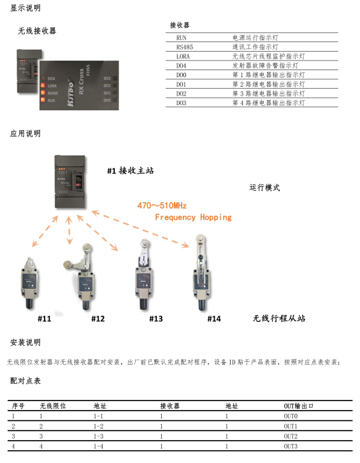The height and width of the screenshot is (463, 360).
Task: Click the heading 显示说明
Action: (x=25, y=8)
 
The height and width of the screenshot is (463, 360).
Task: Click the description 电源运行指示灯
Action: (x=255, y=38)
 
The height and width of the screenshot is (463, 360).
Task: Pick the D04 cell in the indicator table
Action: (x=182, y=65)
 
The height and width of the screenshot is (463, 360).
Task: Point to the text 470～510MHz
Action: (x=162, y=206)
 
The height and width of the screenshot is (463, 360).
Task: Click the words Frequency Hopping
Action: (x=193, y=217)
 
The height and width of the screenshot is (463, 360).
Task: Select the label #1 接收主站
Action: (x=130, y=170)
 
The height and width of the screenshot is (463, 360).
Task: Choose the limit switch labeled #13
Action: (x=143, y=274)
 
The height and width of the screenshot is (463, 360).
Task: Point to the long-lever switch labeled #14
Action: (x=203, y=274)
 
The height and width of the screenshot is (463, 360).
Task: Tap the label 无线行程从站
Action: (x=278, y=318)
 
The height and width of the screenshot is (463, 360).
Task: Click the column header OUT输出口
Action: (x=299, y=406)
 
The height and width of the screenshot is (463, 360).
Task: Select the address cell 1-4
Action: (x=98, y=446)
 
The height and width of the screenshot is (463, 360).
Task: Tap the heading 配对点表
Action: (x=25, y=380)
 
